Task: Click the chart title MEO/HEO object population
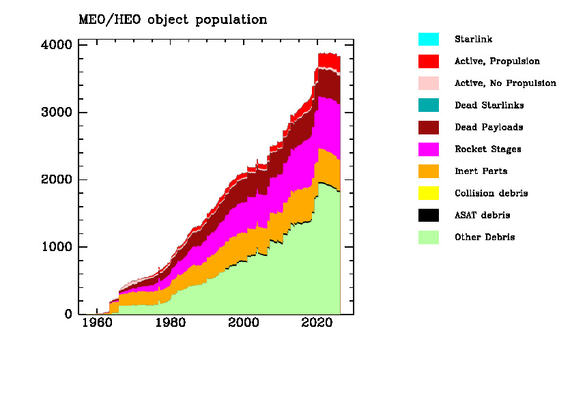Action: point(173,20)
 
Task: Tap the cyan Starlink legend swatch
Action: point(429,39)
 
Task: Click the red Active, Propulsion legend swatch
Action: point(429,61)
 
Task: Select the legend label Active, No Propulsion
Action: point(505,83)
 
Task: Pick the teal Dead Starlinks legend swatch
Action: point(429,105)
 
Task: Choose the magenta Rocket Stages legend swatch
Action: point(429,149)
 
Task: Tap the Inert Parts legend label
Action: point(481,171)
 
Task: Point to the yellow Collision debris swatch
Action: point(429,193)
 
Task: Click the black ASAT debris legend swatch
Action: point(429,216)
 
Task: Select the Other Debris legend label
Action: point(485,237)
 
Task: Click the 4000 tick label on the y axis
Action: point(55,45)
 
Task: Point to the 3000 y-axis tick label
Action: point(55,113)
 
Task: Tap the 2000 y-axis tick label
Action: point(55,180)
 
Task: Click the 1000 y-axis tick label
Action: point(55,247)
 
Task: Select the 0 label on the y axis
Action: point(68,315)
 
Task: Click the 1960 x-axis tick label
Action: point(96,323)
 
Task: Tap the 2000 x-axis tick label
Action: point(243,323)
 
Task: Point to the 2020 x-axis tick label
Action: point(316,323)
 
